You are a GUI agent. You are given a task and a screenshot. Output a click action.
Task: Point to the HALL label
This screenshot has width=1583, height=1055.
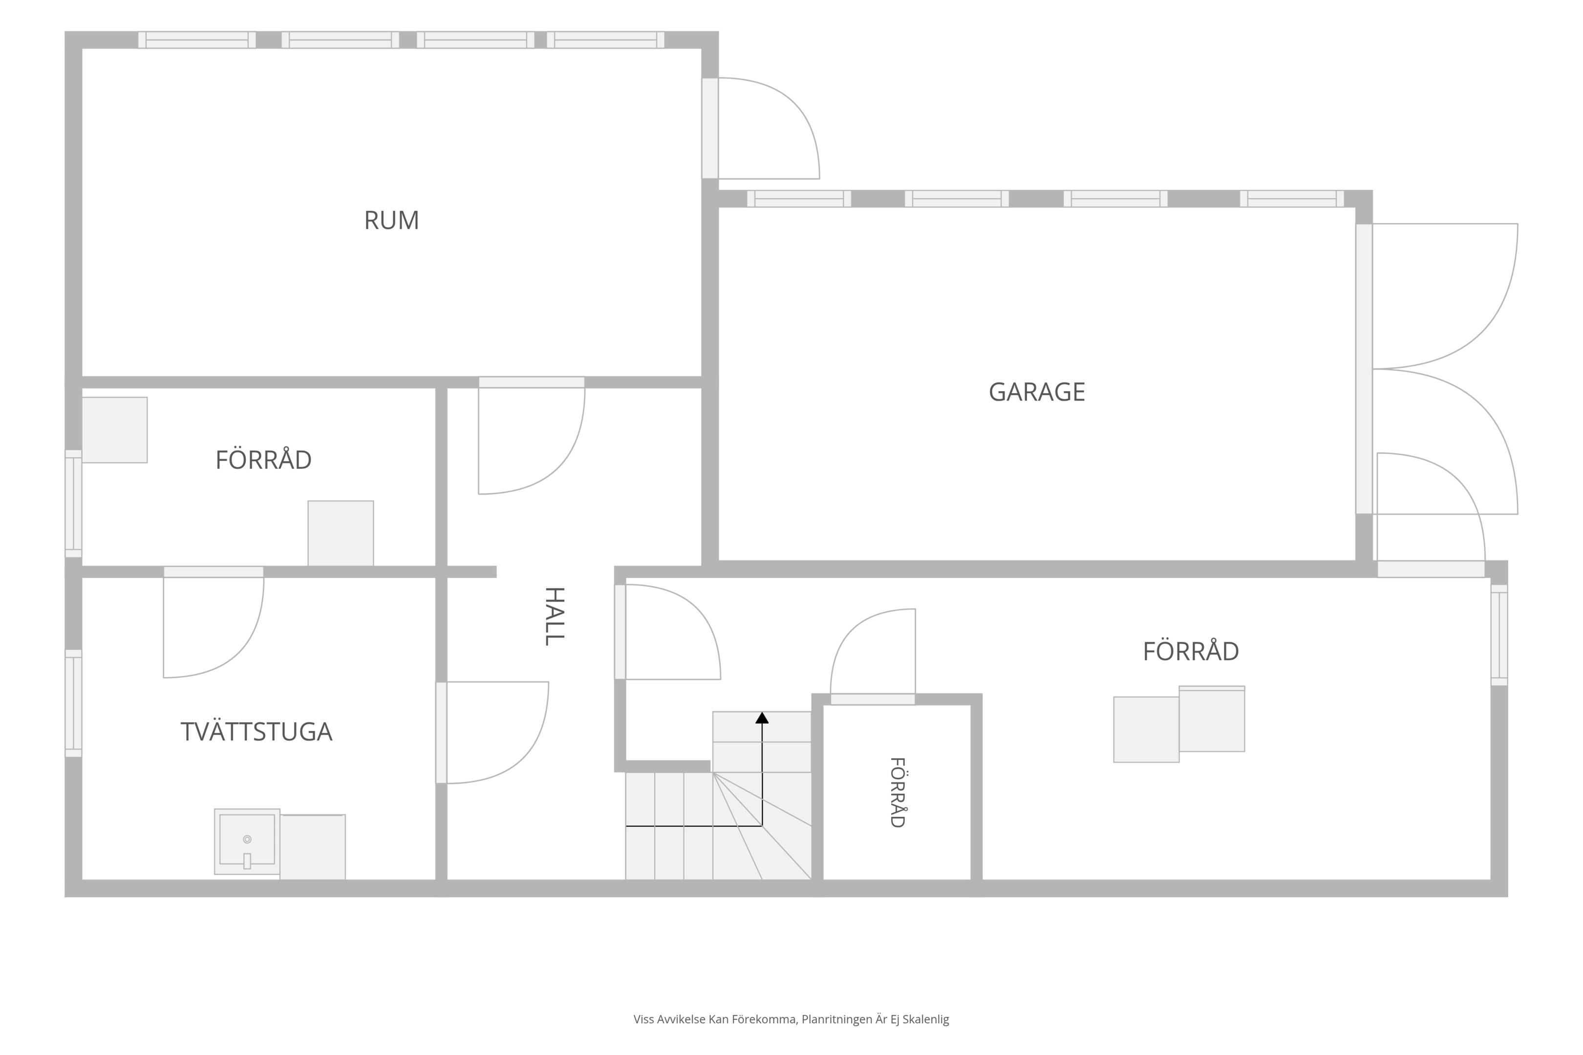click(554, 616)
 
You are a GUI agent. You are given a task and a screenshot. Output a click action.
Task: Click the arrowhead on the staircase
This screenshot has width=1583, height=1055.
click(762, 718)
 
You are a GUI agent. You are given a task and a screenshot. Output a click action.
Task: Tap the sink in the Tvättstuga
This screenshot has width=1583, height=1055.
click(247, 841)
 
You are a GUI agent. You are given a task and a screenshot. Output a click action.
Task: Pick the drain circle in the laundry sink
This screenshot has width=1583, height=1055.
click(247, 839)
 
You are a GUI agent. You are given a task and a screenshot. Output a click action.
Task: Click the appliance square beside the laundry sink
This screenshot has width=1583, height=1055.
click(313, 846)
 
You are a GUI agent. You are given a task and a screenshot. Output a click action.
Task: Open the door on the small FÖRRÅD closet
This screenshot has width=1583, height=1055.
click(873, 656)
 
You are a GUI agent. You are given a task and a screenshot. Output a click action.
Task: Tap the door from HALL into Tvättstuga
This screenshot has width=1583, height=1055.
click(492, 732)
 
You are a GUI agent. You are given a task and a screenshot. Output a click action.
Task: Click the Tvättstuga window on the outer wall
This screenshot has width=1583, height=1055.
click(73, 703)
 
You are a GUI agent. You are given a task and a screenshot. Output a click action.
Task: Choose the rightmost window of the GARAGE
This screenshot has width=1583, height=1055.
click(1292, 198)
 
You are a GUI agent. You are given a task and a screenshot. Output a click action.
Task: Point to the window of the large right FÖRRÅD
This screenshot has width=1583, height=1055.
click(1499, 635)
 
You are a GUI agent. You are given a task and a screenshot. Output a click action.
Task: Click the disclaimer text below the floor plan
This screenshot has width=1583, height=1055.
click(791, 1019)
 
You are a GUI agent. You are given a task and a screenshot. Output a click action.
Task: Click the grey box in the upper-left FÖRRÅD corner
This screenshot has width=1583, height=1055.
click(114, 430)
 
